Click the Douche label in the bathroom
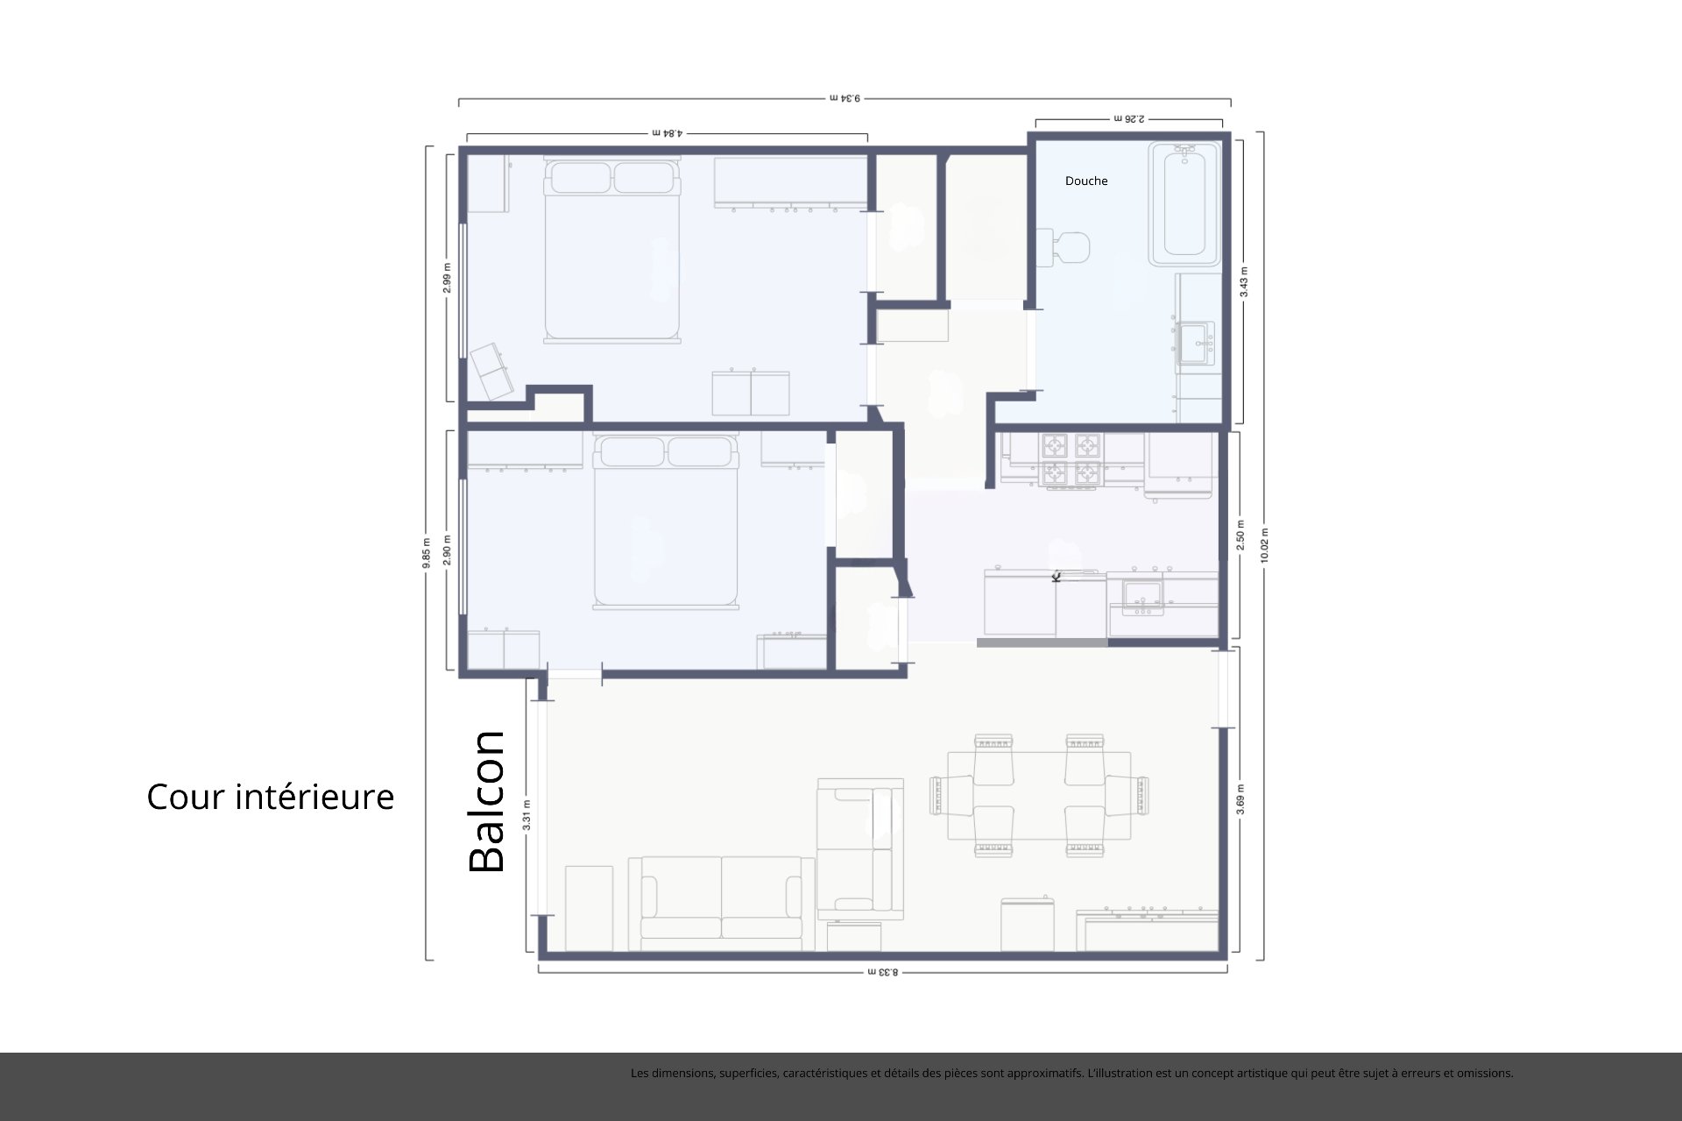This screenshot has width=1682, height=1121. click(1085, 181)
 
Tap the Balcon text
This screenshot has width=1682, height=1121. click(487, 801)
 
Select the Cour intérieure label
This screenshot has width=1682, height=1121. click(270, 797)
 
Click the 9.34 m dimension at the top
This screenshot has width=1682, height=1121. click(845, 98)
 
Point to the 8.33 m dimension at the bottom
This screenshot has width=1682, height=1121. click(883, 971)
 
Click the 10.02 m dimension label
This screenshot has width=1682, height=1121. click(1264, 545)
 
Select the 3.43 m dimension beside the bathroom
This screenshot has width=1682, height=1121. click(1244, 282)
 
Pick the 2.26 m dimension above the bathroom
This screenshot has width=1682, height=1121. click(1129, 117)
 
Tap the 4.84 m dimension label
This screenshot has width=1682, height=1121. click(668, 133)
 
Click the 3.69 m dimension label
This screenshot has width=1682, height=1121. click(1240, 799)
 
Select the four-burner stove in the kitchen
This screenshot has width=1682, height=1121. click(1070, 460)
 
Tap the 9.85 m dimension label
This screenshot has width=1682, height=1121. click(427, 553)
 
